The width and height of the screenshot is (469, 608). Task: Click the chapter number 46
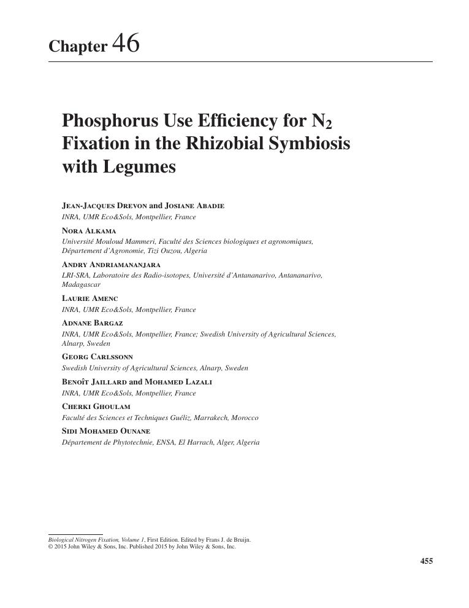pos(126,44)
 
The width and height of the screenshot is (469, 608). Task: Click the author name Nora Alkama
pos(89,231)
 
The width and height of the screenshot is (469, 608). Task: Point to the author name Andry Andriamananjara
pos(111,265)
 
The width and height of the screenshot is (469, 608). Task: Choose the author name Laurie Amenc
pos(90,298)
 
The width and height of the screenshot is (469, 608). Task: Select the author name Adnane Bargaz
pos(93,323)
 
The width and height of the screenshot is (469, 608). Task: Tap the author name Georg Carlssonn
pos(97,357)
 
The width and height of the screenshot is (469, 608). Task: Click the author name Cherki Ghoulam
pos(96,407)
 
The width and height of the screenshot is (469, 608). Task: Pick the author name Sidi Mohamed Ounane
pos(106,431)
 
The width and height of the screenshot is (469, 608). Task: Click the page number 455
pos(426,561)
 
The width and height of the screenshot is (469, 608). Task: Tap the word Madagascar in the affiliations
pos(82,285)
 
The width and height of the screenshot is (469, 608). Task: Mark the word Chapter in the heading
pos(78,47)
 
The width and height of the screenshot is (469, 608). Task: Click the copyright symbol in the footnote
pos(50,547)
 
